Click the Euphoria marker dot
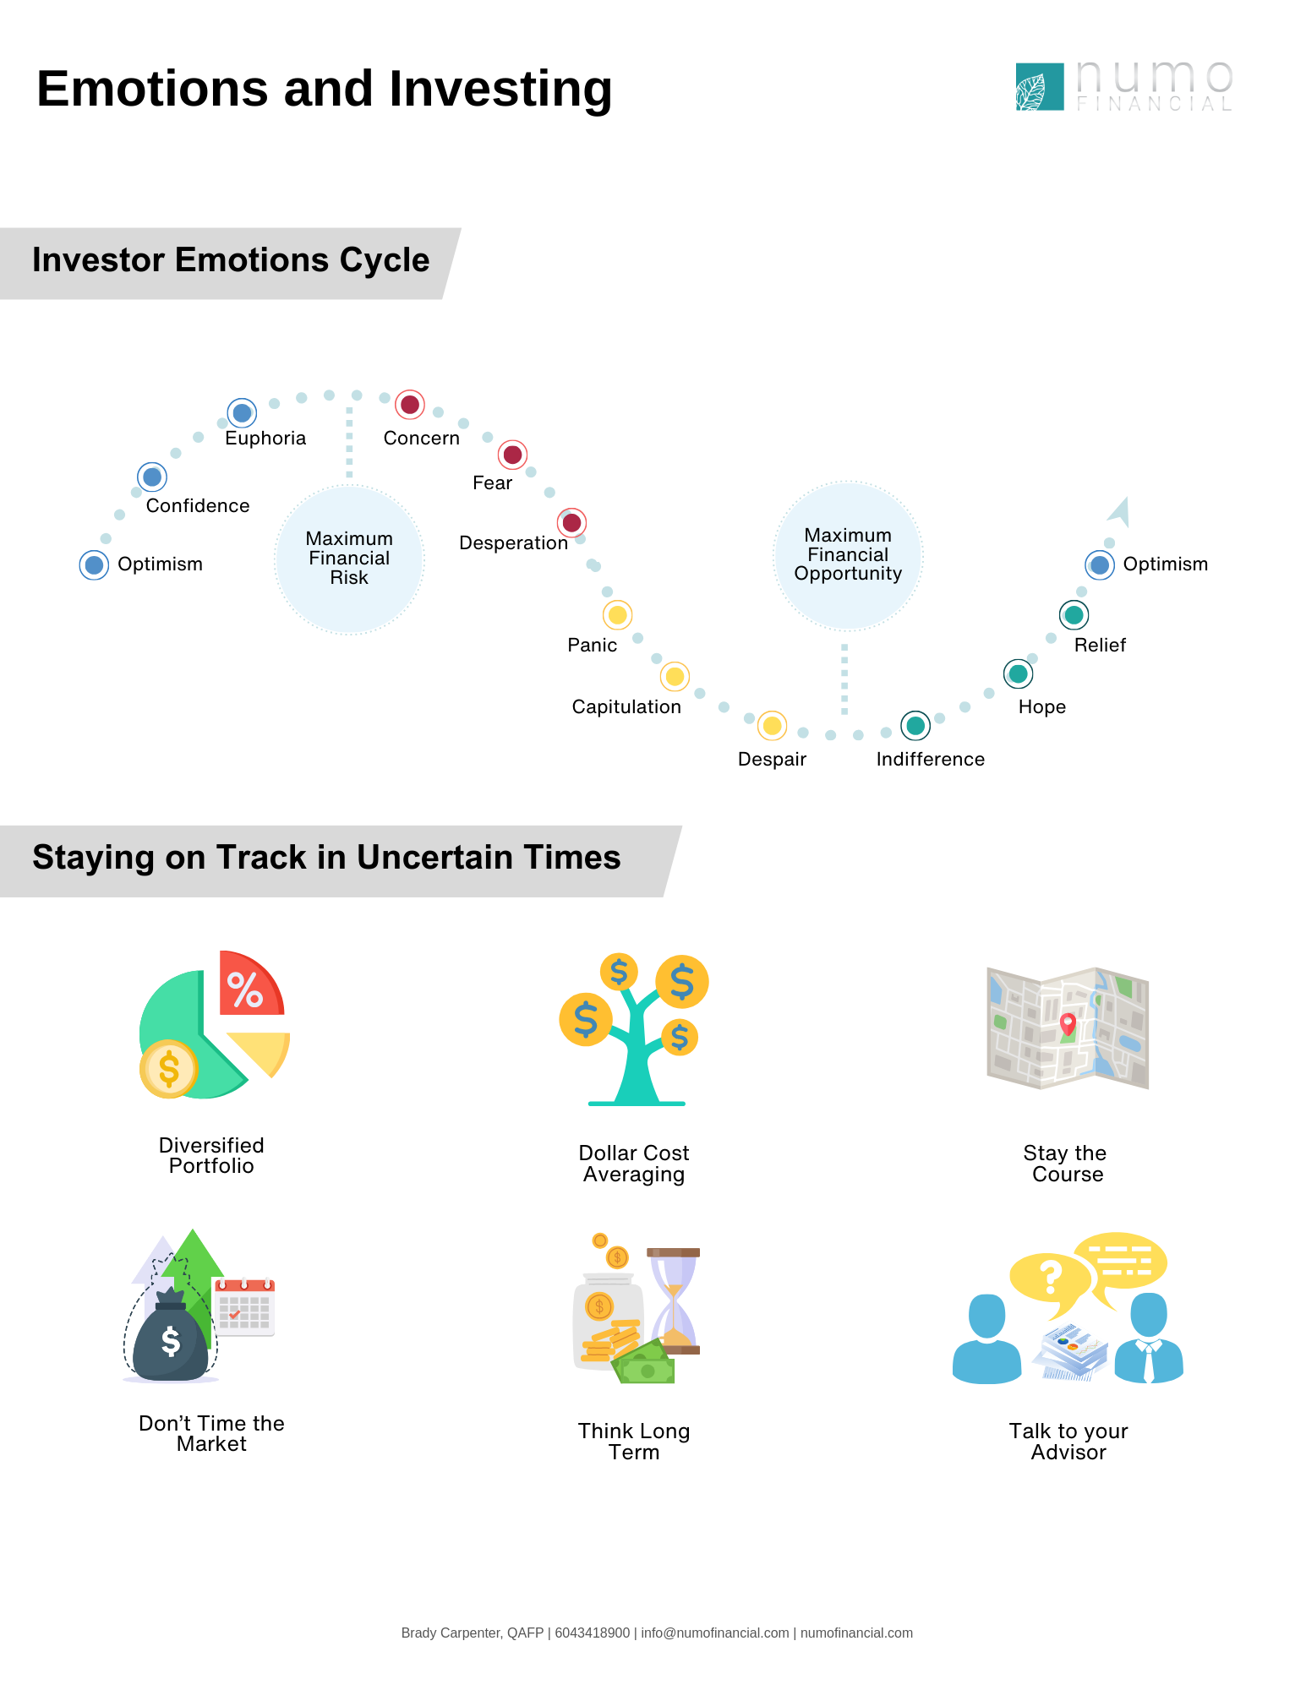coord(243,413)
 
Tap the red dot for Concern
coord(410,405)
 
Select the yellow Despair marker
coord(772,726)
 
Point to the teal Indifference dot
coord(915,725)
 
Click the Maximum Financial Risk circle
coord(349,559)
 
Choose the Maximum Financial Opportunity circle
coord(848,556)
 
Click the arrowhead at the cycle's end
coord(1119,511)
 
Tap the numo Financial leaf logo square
coord(1040,86)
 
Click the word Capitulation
coord(626,706)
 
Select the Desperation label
coord(513,542)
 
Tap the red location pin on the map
coord(1068,1024)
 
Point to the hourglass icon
coord(674,1301)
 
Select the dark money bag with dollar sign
coord(171,1336)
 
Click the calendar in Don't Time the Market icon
coord(244,1307)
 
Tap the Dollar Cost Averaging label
coord(634,1164)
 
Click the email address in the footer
coord(715,1633)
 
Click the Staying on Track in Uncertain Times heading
coord(326,858)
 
